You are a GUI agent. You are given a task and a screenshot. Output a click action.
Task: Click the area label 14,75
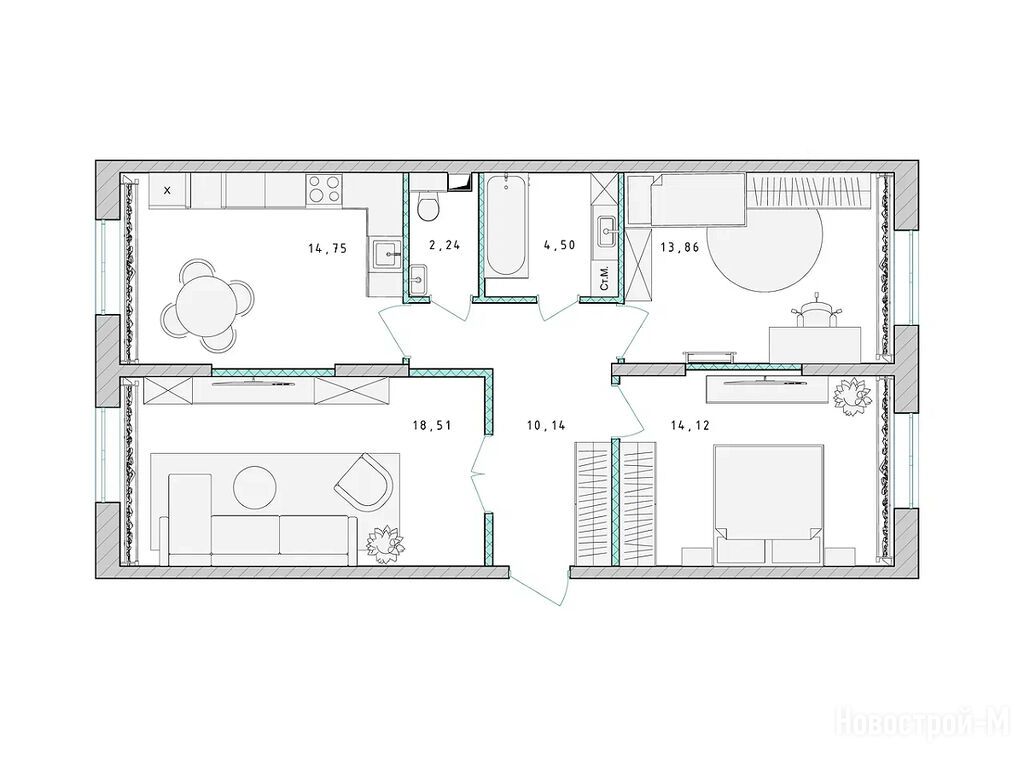(327, 248)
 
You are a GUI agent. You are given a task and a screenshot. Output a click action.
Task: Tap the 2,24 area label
(445, 246)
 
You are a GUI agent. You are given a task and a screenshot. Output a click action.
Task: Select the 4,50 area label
(559, 246)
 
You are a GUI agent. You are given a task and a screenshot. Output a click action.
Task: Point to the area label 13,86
(680, 248)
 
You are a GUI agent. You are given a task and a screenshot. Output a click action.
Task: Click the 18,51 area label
(432, 426)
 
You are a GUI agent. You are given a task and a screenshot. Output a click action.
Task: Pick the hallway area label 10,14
(546, 426)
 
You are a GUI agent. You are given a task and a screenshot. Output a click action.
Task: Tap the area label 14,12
(690, 426)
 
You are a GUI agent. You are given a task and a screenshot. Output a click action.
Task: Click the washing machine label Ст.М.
(604, 278)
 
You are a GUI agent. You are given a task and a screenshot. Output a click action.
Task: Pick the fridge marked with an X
(168, 191)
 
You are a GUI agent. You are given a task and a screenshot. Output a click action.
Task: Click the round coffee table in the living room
(255, 487)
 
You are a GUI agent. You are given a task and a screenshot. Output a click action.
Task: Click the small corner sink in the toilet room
(418, 278)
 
